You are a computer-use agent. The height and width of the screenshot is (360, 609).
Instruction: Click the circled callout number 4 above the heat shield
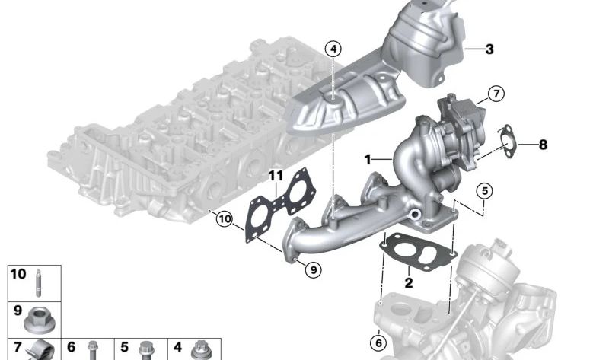pos(333,49)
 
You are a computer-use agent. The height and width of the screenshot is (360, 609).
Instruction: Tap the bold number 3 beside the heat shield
pos(489,49)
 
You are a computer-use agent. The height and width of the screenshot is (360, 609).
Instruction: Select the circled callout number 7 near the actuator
pos(496,94)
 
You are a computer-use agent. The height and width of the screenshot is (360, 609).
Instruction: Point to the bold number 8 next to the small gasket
pos(543,145)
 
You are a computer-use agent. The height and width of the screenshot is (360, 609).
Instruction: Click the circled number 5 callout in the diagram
pos(484,191)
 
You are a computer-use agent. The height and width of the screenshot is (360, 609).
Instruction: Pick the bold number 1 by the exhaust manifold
pos(368,159)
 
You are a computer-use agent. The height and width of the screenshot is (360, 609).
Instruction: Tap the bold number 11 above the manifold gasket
pos(276,176)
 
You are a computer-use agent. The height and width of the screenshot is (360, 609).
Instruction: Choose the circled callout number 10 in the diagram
pos(225,219)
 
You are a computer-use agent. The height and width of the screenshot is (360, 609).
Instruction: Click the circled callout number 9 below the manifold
pos(314,269)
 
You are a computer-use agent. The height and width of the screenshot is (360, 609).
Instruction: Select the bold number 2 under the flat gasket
pos(409,282)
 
